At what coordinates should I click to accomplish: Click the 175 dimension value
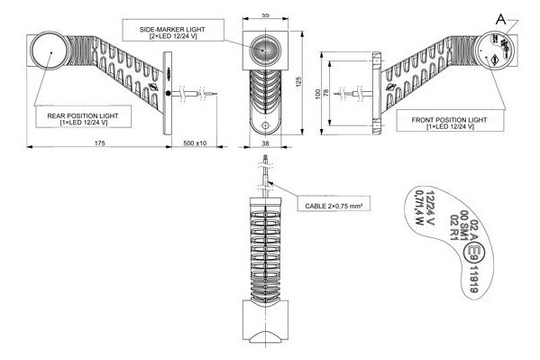[x=100, y=143]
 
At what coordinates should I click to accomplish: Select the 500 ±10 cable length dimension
[x=195, y=143]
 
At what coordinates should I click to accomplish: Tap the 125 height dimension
[x=298, y=82]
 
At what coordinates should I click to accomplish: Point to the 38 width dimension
[x=265, y=143]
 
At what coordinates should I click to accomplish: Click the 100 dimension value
[x=317, y=94]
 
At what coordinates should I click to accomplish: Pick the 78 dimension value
[x=326, y=92]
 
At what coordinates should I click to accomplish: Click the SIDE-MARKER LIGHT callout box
[x=173, y=30]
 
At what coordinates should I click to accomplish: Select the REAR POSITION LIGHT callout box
[x=83, y=116]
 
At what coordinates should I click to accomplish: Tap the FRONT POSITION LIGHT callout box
[x=450, y=120]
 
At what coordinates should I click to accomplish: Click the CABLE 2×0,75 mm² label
[x=334, y=203]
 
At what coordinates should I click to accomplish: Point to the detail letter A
[x=501, y=19]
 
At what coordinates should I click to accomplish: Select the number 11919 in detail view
[x=473, y=280]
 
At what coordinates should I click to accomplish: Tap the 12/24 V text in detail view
[x=431, y=208]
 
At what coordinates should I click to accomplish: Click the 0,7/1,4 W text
[x=418, y=208]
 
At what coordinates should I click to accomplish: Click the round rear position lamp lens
[x=50, y=51]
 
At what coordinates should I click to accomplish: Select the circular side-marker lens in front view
[x=265, y=51]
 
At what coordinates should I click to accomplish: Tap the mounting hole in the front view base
[x=266, y=125]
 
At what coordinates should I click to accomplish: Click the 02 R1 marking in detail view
[x=453, y=227]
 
